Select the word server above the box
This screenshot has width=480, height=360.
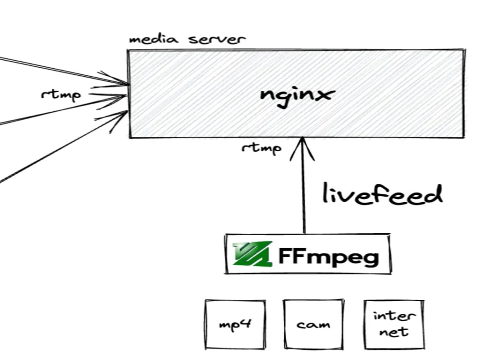click(216, 39)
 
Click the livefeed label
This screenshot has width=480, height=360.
click(382, 195)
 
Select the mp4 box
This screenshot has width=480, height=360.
click(235, 324)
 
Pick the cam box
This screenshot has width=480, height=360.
click(313, 324)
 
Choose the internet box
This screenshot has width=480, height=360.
click(394, 324)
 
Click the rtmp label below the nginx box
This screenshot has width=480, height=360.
click(262, 148)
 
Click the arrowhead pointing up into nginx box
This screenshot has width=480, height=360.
click(302, 147)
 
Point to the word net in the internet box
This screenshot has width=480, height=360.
click(394, 332)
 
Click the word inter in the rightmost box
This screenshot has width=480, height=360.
click(394, 316)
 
